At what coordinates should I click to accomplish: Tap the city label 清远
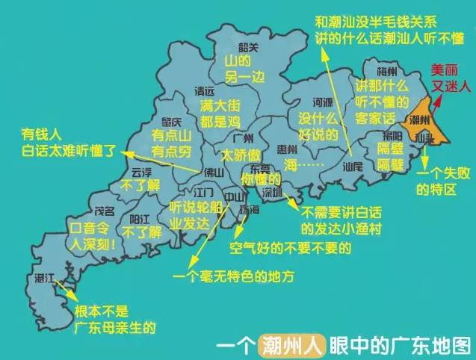coord(204,91)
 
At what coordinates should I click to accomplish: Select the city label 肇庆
coord(161,122)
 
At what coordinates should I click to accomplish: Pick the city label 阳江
coord(140,219)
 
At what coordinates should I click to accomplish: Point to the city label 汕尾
coord(354,167)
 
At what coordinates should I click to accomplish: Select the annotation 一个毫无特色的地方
coord(232,277)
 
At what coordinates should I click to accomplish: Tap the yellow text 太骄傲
coord(241,155)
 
